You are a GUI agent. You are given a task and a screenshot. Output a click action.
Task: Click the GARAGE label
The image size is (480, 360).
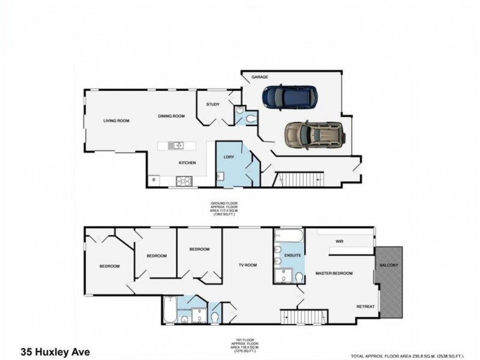(259, 77)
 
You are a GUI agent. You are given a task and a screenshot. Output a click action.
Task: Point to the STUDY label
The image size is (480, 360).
(212, 104)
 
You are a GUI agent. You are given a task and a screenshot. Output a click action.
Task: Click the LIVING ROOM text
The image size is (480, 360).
(116, 121)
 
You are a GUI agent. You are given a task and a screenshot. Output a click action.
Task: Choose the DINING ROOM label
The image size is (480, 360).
(171, 116)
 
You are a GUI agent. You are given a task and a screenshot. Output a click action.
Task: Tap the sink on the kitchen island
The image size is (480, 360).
(175, 145)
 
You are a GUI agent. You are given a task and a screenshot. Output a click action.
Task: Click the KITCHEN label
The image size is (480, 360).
(187, 163)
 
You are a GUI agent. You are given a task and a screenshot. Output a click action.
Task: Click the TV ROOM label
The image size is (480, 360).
(248, 265)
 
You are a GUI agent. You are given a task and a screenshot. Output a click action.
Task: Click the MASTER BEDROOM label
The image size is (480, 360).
(334, 273)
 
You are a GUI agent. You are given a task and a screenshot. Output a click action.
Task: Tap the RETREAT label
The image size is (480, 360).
(365, 307)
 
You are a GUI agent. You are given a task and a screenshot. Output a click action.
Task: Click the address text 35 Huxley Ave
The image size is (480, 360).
(56, 352)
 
